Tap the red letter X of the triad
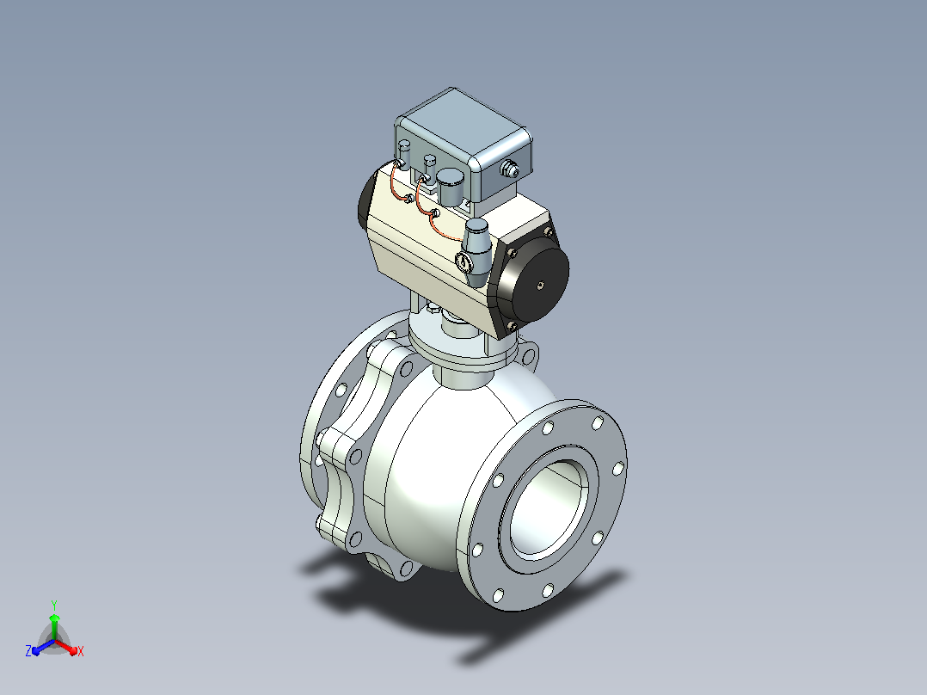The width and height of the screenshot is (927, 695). click(x=81, y=652)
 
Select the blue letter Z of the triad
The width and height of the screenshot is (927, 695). click(x=28, y=650)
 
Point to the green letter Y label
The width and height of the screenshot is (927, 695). click(x=54, y=605)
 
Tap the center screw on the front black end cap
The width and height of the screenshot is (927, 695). click(x=540, y=285)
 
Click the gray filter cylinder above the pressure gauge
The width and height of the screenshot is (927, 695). click(x=476, y=243)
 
